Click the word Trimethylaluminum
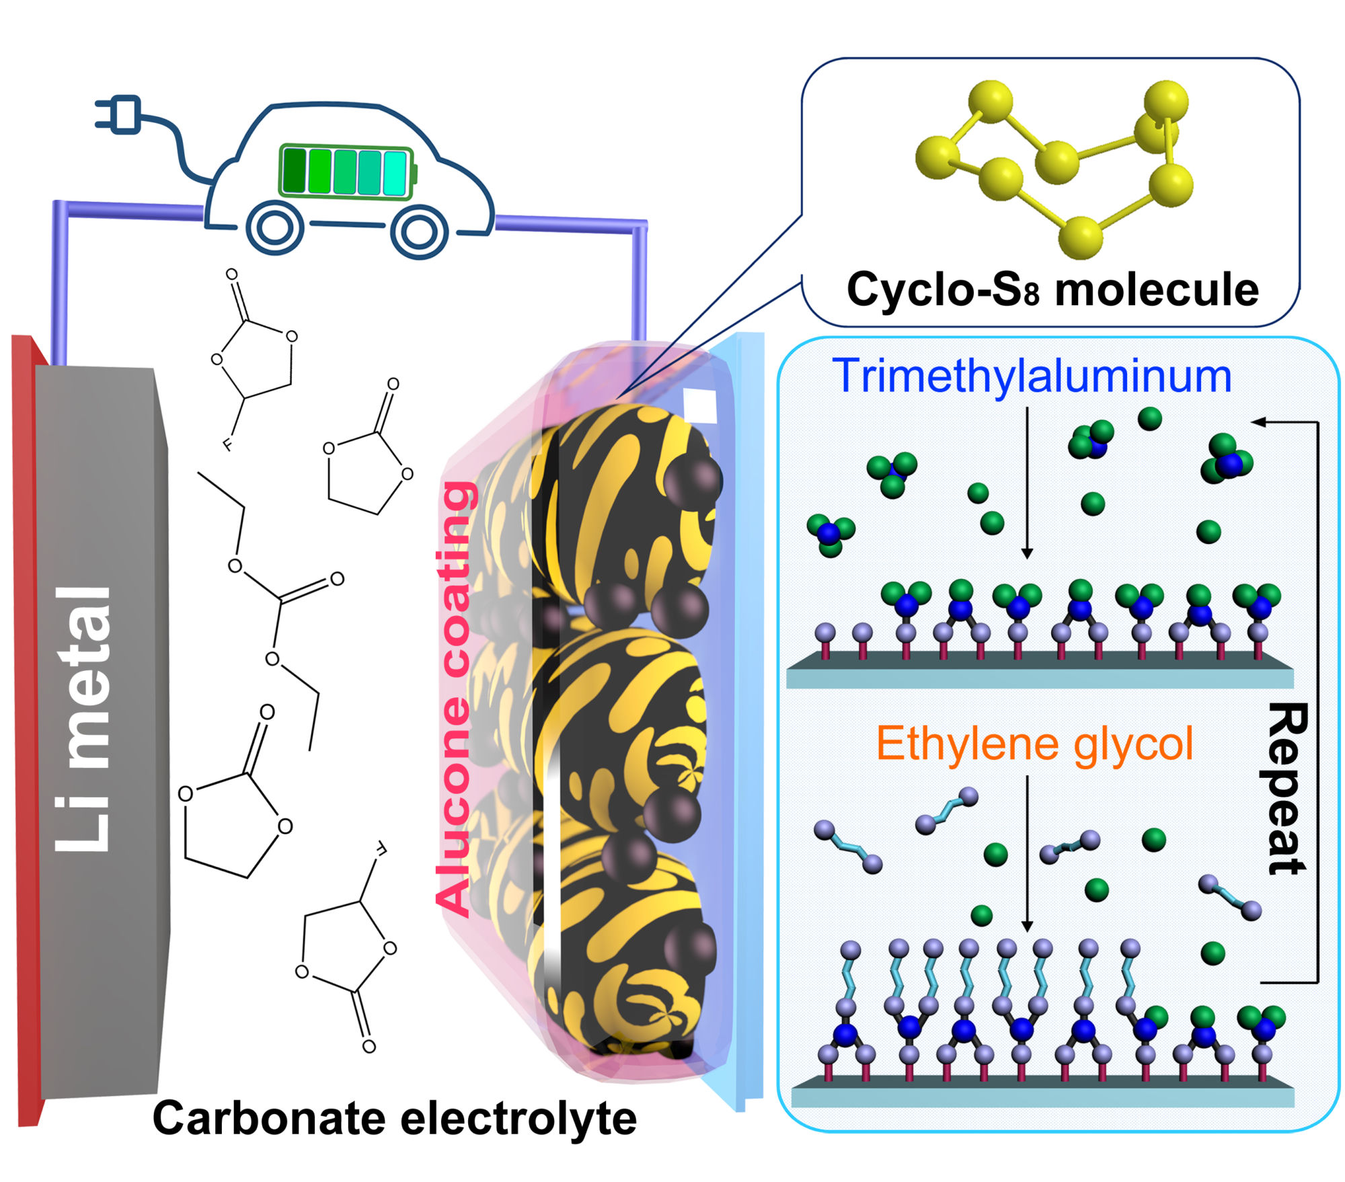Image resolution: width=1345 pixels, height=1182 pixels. pyautogui.click(x=1032, y=376)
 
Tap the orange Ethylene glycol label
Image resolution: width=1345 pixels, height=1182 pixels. pyautogui.click(x=1035, y=745)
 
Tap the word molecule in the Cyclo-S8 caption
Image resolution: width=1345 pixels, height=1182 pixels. pyautogui.click(x=1157, y=290)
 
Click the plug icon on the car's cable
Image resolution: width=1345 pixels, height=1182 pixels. pyautogui.click(x=118, y=114)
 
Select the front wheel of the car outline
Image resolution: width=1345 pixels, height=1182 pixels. pyautogui.click(x=418, y=231)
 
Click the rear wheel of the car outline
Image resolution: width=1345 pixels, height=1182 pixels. pyautogui.click(x=274, y=229)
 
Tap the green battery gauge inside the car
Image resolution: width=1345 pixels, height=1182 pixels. pyautogui.click(x=348, y=172)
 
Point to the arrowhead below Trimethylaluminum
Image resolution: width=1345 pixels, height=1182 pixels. pyautogui.click(x=1027, y=552)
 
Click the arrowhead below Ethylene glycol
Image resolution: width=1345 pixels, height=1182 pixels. pyautogui.click(x=1027, y=924)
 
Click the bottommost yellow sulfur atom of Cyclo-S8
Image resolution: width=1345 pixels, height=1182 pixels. pyautogui.click(x=1080, y=237)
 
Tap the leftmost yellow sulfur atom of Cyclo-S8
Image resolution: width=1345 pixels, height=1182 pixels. pyautogui.click(x=937, y=157)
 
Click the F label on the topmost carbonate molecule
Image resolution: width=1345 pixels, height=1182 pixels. pyautogui.click(x=227, y=444)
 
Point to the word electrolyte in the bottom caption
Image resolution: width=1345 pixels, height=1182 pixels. pyautogui.click(x=518, y=1119)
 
